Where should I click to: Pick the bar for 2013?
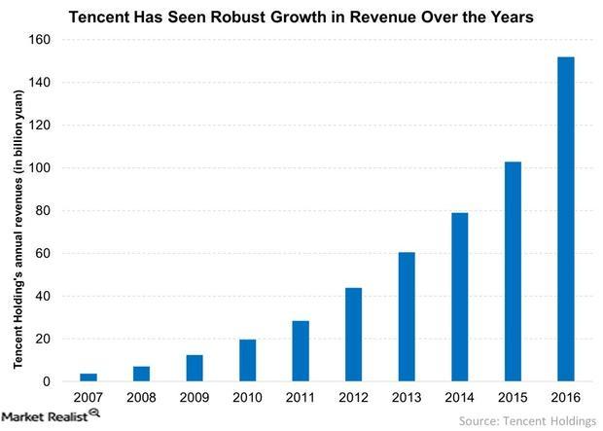(x=408, y=317)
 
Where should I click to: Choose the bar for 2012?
(x=355, y=335)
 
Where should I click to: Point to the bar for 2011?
(x=302, y=351)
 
